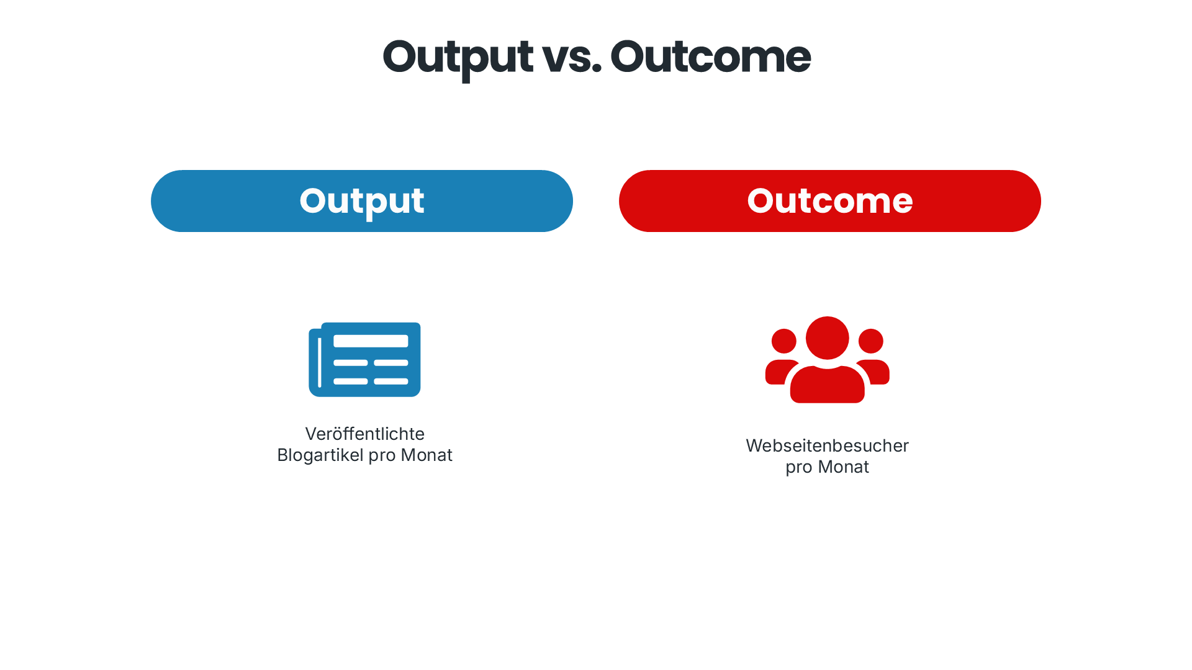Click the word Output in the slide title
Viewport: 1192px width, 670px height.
(458, 57)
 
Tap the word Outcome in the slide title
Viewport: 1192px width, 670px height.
(710, 57)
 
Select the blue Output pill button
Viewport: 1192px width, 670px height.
(361, 201)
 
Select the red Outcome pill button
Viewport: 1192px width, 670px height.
(829, 201)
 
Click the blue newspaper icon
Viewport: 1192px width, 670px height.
(364, 359)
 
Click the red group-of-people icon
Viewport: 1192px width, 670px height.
(827, 360)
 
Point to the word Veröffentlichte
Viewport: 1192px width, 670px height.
(364, 434)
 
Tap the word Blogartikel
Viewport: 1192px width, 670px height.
(320, 455)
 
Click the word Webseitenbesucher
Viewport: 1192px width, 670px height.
(827, 445)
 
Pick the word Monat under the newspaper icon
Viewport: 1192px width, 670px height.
(427, 455)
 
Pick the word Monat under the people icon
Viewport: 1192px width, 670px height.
(843, 467)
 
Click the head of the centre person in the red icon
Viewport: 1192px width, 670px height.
(827, 338)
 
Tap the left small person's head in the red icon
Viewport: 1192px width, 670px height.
(783, 341)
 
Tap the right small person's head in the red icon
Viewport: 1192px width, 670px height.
(870, 341)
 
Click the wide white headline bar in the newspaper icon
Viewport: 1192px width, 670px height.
(371, 341)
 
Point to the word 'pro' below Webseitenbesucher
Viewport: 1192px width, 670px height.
(798, 467)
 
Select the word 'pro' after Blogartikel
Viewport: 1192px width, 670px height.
(382, 455)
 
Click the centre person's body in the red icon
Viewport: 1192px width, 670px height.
(827, 386)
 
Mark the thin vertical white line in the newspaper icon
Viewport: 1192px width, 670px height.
(320, 363)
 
